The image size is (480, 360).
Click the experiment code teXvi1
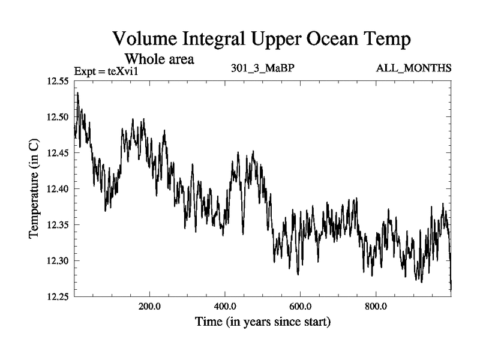pyautogui.click(x=130, y=71)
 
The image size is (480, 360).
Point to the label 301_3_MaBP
pyautogui.click(x=262, y=67)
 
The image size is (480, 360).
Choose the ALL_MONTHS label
pyautogui.click(x=413, y=67)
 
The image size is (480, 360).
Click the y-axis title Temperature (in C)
pyautogui.click(x=35, y=189)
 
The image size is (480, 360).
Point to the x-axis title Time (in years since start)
pyautogui.click(x=263, y=322)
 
